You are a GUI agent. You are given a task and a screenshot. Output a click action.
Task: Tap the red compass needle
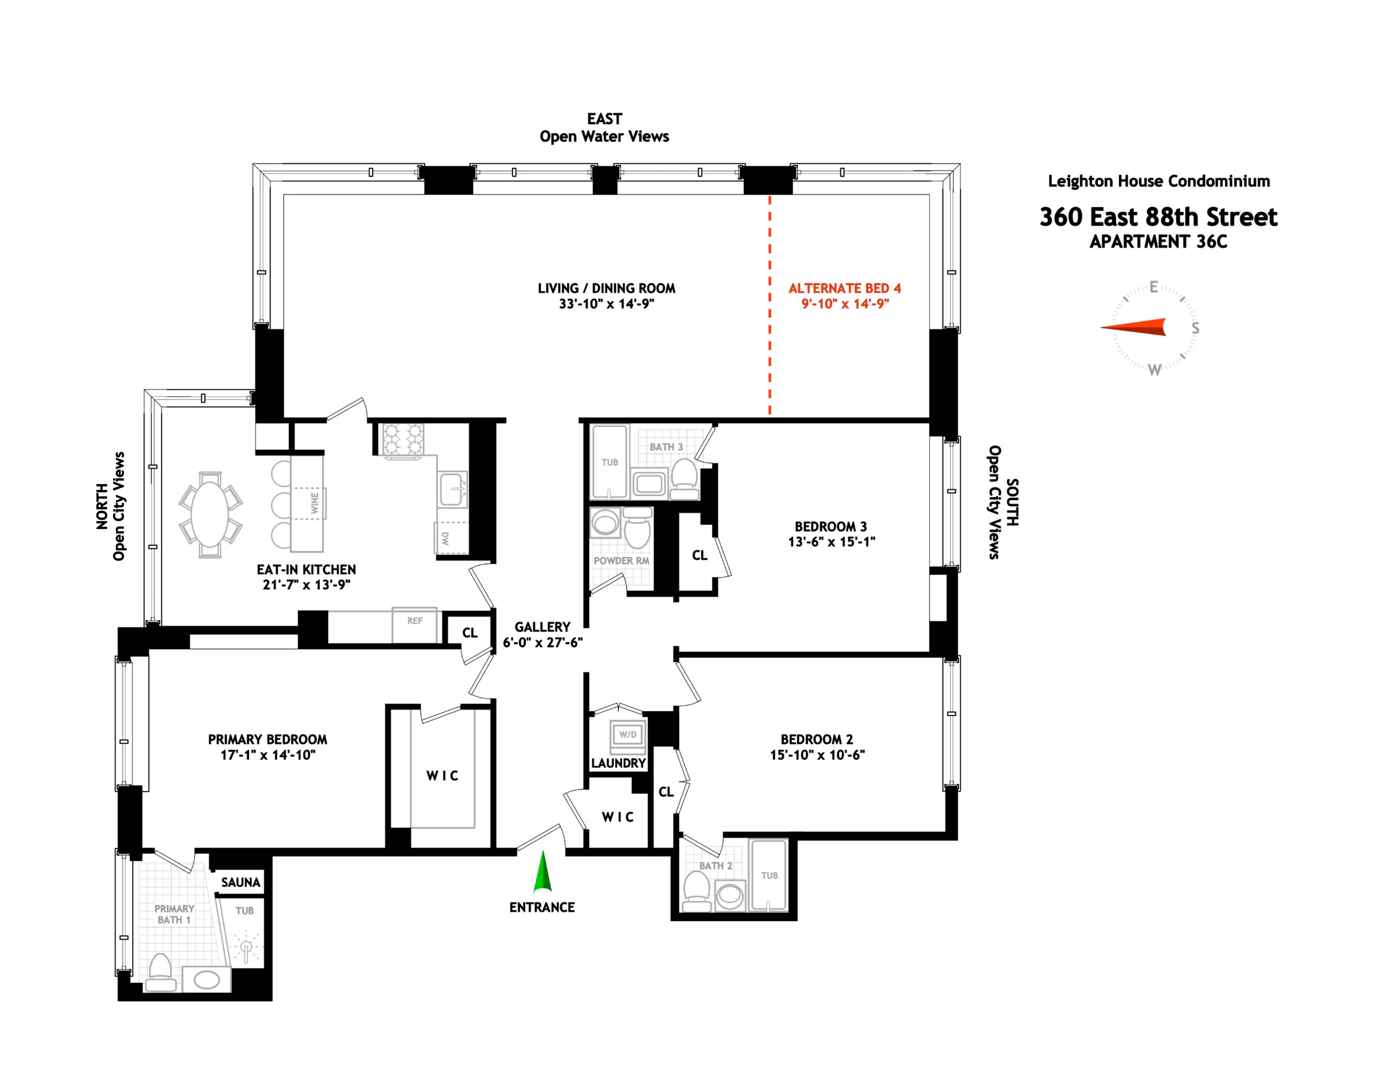(x=1134, y=327)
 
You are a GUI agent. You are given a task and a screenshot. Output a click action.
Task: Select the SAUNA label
(x=241, y=882)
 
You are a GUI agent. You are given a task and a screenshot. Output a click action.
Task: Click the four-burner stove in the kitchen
(x=402, y=439)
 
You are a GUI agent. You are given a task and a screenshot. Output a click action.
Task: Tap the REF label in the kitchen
(x=415, y=620)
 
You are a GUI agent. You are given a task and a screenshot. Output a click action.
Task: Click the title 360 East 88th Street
(x=1158, y=217)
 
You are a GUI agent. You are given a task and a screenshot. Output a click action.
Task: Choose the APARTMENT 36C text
(x=1158, y=242)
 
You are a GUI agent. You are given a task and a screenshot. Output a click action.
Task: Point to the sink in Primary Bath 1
(x=207, y=980)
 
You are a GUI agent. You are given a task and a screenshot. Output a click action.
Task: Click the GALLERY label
(x=542, y=627)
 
